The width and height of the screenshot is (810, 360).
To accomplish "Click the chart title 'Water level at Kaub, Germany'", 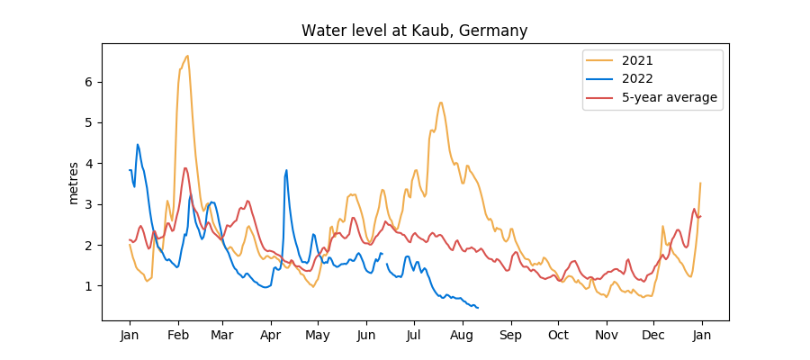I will (414, 31).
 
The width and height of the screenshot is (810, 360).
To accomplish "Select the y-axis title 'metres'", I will (74, 183).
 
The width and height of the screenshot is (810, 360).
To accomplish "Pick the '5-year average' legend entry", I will (652, 98).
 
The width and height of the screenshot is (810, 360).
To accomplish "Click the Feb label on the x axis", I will (178, 336).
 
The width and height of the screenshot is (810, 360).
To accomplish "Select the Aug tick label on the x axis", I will (463, 336).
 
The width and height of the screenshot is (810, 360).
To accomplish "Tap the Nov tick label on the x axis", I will (607, 336).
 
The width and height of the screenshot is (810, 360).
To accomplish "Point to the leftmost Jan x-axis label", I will (130, 336).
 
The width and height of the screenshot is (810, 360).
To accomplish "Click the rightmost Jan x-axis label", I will (702, 336).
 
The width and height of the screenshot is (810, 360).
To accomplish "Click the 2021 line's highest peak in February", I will (187, 56).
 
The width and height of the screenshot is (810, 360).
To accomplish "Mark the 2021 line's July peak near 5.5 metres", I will (440, 103).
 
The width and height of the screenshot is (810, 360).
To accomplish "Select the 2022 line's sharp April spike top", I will (286, 170).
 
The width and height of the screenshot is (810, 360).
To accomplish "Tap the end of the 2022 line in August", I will (478, 309).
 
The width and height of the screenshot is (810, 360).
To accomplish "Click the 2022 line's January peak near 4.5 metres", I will (138, 144).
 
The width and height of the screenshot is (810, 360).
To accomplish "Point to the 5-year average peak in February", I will (185, 167).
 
